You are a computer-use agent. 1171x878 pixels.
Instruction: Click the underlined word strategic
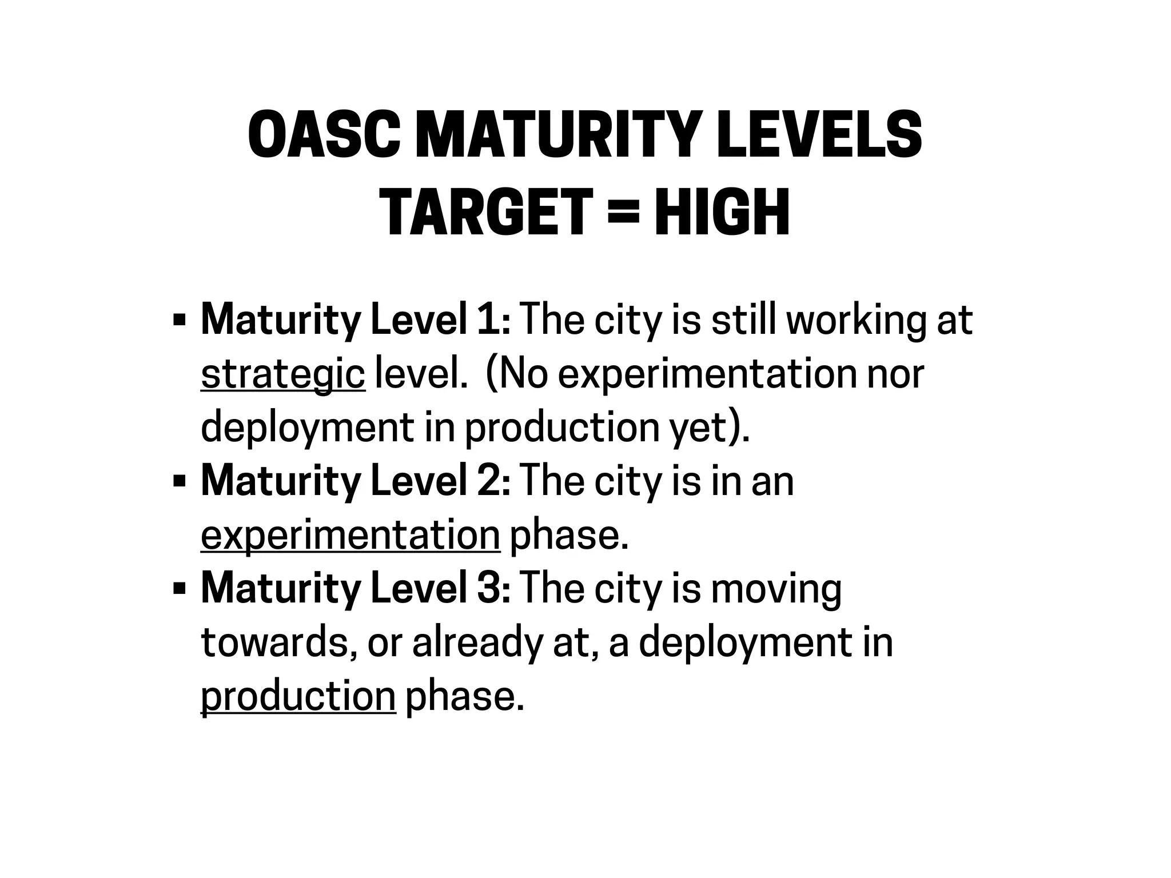coord(282,374)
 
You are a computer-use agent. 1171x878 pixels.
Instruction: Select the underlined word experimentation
coord(350,536)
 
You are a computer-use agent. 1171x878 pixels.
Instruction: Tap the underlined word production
coord(298,697)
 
